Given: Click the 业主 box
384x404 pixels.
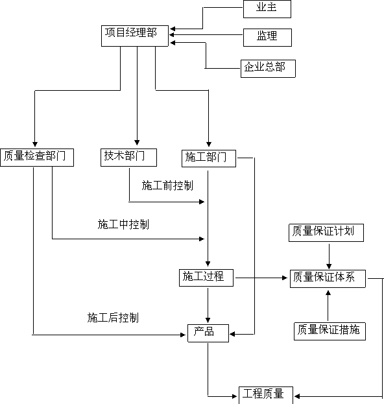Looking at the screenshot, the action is click(x=267, y=9).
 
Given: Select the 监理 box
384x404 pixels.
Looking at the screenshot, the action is click(x=267, y=38).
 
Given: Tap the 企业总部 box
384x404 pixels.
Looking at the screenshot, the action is click(x=268, y=69).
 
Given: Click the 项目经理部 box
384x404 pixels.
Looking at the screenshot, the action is click(x=135, y=36).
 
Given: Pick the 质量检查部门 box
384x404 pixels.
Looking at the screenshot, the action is click(x=37, y=158).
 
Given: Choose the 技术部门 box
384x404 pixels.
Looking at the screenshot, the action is click(x=128, y=158).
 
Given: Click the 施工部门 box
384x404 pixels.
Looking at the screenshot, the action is click(x=209, y=158).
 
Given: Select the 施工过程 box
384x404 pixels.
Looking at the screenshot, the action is click(x=206, y=278).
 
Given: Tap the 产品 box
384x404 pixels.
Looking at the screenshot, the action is click(x=208, y=333).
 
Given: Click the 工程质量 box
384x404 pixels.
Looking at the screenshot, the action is click(x=266, y=395).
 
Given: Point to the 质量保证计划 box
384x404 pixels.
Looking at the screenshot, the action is click(x=326, y=233).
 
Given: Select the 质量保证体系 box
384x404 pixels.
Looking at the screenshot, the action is click(x=328, y=279).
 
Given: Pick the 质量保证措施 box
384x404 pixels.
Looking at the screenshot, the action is click(x=330, y=331).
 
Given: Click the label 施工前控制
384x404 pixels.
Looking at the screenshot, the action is click(x=167, y=185).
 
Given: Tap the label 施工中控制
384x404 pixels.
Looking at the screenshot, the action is click(x=123, y=224).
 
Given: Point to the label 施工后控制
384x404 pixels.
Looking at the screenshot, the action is click(x=113, y=318).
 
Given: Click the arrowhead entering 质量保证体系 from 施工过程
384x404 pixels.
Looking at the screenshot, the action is click(x=285, y=278).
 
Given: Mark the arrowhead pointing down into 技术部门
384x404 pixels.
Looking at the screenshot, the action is click(x=137, y=143).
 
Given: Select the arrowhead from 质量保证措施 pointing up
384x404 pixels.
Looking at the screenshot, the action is click(x=328, y=293).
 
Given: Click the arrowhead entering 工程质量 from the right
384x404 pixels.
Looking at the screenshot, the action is click(x=297, y=396).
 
